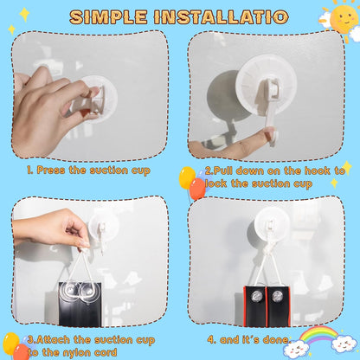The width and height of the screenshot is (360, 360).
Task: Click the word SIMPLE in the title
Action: (108, 17)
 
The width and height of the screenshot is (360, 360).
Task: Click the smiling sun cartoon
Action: (344, 16)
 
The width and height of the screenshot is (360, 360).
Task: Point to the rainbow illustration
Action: (318, 335)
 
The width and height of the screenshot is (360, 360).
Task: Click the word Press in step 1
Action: (51, 170)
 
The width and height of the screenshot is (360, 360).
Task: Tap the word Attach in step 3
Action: (53, 340)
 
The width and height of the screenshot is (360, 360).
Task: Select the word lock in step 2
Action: (216, 183)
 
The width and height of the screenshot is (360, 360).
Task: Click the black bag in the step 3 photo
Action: (80, 305)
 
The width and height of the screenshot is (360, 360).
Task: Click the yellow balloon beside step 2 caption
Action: (187, 177)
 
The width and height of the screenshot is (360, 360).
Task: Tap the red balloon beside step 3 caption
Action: (21, 351)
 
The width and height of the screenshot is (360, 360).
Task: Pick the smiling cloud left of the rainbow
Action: (295, 347)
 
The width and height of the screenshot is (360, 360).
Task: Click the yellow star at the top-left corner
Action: (24, 14)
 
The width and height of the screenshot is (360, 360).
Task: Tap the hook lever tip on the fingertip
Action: (273, 138)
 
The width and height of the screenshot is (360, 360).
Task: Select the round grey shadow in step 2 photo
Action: (227, 95)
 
